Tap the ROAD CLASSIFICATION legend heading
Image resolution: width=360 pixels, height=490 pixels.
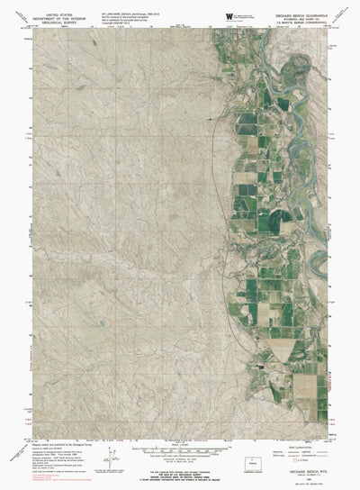[306, 449]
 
